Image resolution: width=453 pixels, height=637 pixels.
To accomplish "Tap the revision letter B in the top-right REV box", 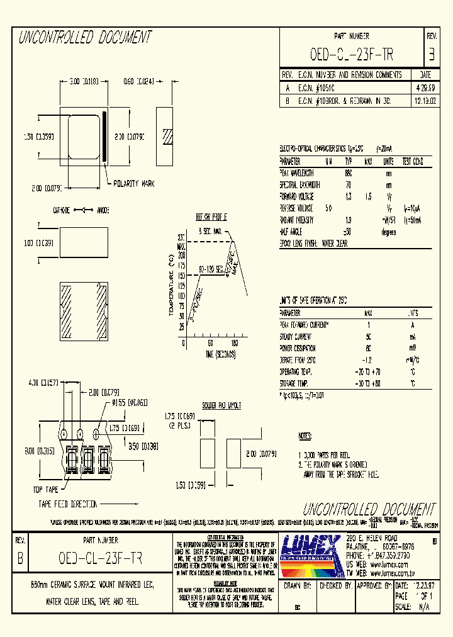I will (x=431, y=55).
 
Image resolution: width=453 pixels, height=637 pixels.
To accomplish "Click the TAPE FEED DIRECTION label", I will (x=68, y=504).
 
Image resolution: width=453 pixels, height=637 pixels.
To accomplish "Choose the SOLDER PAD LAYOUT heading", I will (x=221, y=406).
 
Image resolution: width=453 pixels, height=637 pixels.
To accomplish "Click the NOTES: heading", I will (x=305, y=436).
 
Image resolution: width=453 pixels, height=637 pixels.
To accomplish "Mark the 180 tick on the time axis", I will (x=234, y=344).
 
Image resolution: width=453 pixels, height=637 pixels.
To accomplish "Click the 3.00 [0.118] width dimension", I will (x=82, y=81).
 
